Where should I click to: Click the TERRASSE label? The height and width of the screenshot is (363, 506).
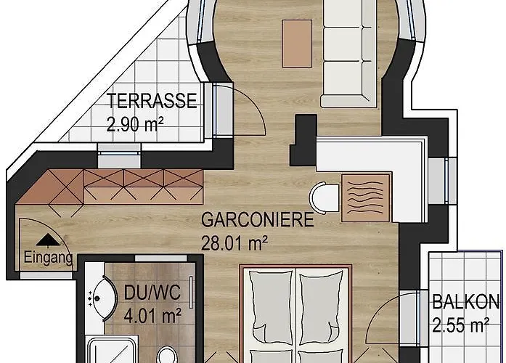point(152,101)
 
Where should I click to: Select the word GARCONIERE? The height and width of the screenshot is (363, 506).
point(258,220)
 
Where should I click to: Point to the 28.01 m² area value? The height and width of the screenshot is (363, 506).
point(234,243)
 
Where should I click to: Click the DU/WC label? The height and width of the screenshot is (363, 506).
point(152,293)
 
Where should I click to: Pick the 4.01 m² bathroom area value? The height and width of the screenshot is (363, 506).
point(152,316)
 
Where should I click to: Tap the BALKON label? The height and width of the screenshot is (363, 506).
point(465,302)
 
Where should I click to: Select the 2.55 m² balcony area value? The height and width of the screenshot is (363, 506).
point(461,325)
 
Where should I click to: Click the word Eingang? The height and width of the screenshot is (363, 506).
point(48,258)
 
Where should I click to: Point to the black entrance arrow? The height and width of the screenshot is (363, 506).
point(48,240)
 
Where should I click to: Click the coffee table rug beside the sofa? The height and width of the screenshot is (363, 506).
point(297,44)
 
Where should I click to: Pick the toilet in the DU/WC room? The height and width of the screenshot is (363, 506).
point(166,355)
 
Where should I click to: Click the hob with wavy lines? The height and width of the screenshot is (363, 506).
point(366,197)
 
